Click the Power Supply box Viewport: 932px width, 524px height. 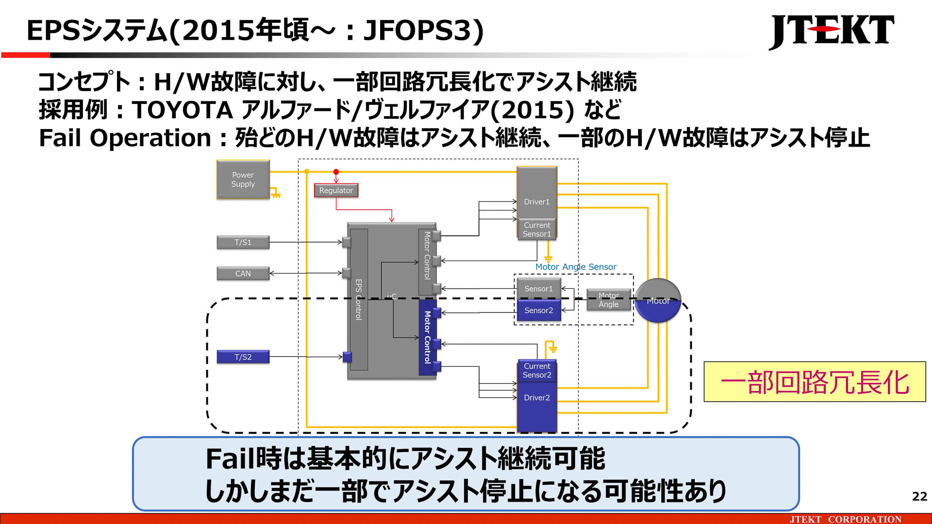click(243, 180)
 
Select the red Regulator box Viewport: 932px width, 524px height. click(336, 190)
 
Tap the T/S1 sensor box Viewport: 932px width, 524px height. click(243, 242)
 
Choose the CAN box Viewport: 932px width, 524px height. click(243, 273)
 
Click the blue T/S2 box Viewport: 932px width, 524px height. click(243, 357)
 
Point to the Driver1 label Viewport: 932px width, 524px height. click(536, 202)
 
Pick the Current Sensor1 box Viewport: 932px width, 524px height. click(536, 229)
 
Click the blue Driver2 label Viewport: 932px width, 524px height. click(536, 397)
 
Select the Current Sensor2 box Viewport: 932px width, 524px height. click(536, 371)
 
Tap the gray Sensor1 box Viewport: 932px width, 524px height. click(538, 289)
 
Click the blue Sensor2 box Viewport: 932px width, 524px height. click(538, 311)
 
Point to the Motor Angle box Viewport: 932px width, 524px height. click(608, 300)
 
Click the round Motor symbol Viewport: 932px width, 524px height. click(658, 301)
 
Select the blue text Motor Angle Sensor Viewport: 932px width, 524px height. click(576, 267)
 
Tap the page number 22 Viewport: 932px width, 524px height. click(919, 496)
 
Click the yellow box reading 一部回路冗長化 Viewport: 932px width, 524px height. click(815, 382)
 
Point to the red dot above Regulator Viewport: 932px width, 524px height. click(336, 172)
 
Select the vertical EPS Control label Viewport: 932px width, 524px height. click(359, 299)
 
